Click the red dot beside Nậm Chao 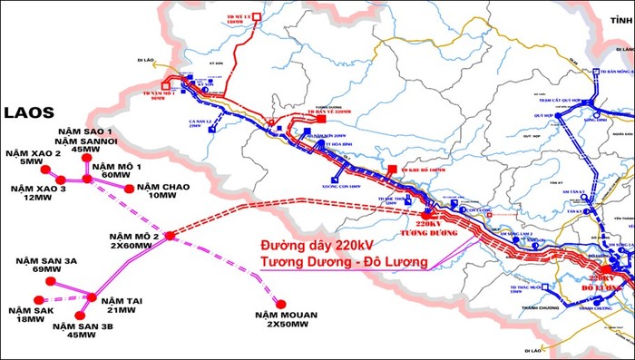[x=129, y=189]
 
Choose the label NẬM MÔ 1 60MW [x=116, y=172]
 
